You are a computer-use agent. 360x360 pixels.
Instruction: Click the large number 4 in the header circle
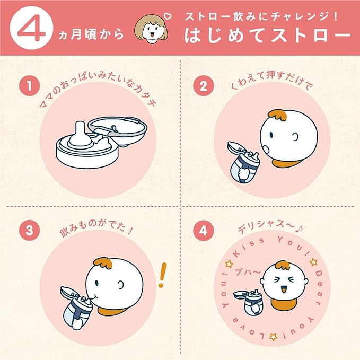click(31, 29)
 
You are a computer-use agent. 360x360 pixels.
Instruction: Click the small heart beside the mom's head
click(168, 16)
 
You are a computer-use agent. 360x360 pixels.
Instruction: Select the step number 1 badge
click(29, 86)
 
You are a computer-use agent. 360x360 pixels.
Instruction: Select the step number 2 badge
click(204, 86)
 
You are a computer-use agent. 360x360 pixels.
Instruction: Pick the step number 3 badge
click(29, 230)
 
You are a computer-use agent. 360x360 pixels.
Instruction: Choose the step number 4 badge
click(204, 230)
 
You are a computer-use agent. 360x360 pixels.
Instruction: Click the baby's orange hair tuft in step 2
click(278, 115)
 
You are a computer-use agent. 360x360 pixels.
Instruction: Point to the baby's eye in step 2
click(271, 135)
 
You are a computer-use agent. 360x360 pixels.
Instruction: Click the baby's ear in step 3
click(120, 285)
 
